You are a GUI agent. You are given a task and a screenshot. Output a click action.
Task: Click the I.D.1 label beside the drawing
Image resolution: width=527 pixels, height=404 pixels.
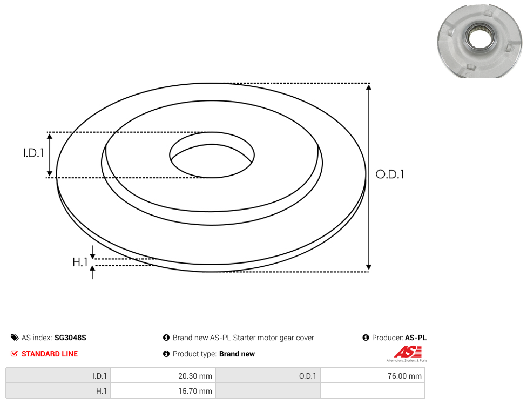(33, 153)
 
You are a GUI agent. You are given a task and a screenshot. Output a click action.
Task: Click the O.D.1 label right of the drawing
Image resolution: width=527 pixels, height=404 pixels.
(390, 174)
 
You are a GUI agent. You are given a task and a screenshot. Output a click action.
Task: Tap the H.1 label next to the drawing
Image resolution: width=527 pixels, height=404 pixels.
(80, 262)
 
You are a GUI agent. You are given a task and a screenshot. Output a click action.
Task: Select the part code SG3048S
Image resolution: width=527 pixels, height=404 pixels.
(70, 338)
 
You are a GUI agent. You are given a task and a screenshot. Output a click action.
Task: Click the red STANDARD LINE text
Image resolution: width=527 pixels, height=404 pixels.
(50, 354)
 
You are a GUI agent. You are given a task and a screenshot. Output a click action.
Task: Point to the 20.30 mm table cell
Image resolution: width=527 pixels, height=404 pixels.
(163, 376)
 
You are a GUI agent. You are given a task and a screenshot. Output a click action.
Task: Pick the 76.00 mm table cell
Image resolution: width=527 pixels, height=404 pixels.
(373, 376)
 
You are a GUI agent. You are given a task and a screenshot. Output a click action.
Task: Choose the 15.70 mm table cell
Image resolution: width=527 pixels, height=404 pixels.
(163, 391)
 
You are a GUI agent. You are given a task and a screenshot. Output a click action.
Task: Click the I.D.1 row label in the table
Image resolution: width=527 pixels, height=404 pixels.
(58, 376)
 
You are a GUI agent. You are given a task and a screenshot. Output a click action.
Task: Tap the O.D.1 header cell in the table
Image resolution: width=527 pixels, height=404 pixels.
(268, 376)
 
